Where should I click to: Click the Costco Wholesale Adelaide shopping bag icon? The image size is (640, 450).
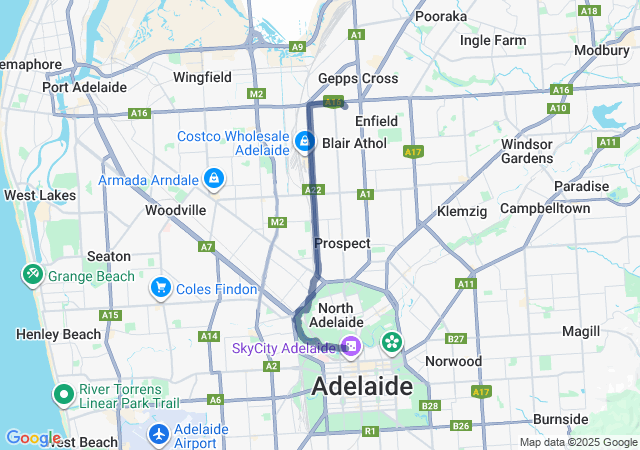click(x=302, y=142)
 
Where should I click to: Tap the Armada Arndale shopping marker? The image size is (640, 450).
click(x=212, y=179)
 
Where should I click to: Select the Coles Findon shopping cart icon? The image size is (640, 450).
click(x=160, y=289)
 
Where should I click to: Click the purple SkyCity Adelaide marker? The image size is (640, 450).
click(x=350, y=347)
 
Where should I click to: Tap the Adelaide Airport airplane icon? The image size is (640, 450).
click(x=159, y=435)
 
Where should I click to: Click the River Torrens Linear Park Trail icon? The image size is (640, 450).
click(x=64, y=395)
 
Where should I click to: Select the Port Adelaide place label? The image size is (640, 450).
click(x=84, y=87)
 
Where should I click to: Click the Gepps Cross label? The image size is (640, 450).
click(x=358, y=78)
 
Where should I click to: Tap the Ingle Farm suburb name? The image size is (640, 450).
click(x=493, y=41)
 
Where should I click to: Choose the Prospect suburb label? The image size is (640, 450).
click(x=342, y=243)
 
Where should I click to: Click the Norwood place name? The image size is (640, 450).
click(x=453, y=361)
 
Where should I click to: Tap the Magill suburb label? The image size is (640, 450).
click(x=581, y=331)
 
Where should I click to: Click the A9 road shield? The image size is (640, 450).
click(x=297, y=46)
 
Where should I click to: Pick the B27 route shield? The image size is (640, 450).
click(x=456, y=339)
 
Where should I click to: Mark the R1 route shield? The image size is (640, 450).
click(x=370, y=431)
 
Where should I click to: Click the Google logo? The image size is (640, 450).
click(x=33, y=438)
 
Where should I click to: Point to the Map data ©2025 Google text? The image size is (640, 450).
click(x=577, y=442)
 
